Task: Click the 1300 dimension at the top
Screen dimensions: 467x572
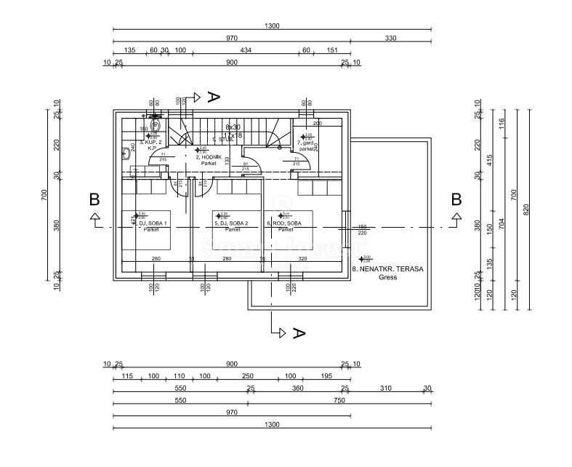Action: [272, 25]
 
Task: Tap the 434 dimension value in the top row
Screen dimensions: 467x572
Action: [246, 50]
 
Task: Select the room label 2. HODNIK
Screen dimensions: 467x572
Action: [209, 156]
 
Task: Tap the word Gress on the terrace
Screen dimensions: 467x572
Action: [387, 277]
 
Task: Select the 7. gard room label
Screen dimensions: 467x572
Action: [306, 143]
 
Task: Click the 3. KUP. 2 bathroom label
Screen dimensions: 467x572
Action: [150, 143]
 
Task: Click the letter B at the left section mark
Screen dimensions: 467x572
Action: [94, 199]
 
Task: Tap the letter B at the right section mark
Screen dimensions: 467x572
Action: [456, 199]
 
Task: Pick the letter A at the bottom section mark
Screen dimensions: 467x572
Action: [297, 333]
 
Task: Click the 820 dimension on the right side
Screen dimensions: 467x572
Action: [526, 209]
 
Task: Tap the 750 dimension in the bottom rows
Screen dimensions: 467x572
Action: [339, 400]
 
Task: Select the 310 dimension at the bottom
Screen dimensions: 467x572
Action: [385, 388]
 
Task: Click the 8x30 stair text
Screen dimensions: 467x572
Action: [233, 127]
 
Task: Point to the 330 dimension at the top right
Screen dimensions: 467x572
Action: [390, 38]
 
